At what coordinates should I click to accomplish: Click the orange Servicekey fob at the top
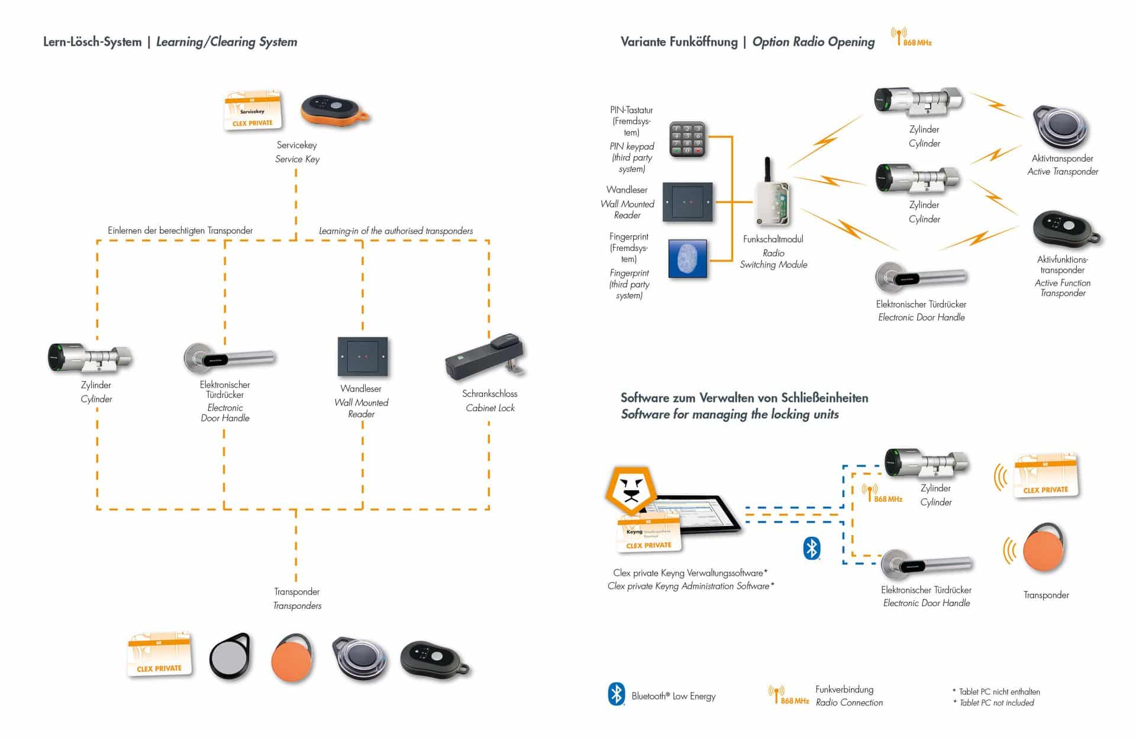(x=334, y=109)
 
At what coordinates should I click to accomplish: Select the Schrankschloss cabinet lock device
(x=485, y=357)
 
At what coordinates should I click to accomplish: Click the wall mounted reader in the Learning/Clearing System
(x=362, y=357)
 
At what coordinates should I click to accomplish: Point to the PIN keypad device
(x=688, y=140)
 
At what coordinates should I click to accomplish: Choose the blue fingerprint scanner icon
(x=688, y=259)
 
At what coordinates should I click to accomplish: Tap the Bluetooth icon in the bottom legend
(x=617, y=694)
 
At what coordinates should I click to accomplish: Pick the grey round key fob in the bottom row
(x=230, y=657)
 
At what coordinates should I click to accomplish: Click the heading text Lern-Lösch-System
(x=92, y=42)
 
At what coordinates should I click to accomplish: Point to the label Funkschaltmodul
(x=773, y=239)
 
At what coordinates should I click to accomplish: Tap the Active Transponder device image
(x=1061, y=128)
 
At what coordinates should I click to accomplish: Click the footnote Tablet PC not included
(x=996, y=703)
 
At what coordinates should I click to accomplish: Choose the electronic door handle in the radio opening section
(x=920, y=277)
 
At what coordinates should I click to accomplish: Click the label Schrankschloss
(x=489, y=394)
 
